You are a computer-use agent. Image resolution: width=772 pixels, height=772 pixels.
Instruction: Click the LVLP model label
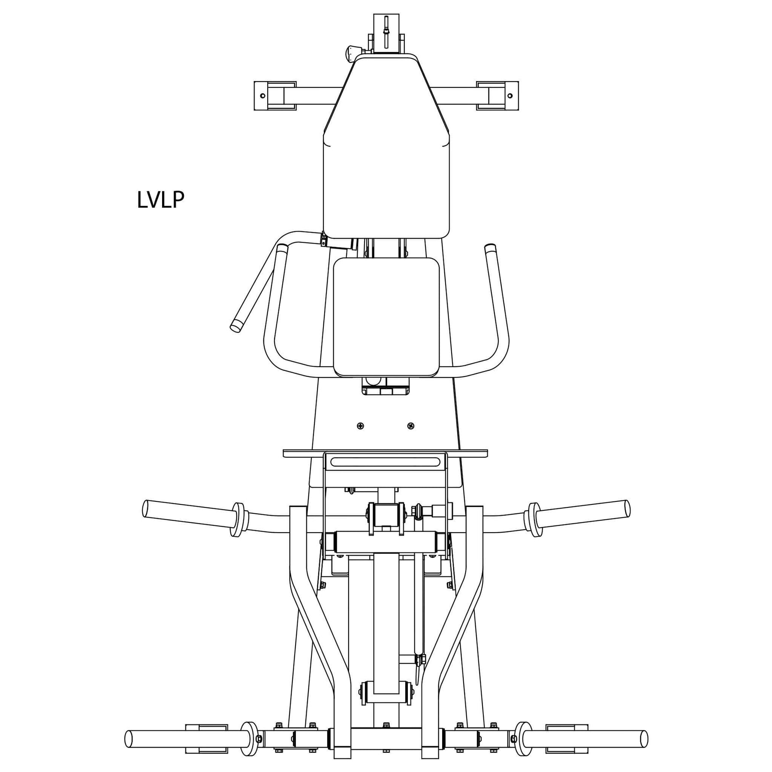[161, 200]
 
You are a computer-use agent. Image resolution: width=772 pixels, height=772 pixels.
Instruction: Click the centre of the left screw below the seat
[360, 426]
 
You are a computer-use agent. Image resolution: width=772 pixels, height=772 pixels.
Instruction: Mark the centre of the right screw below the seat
[411, 426]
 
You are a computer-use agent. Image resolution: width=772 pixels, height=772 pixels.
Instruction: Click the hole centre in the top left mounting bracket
[263, 96]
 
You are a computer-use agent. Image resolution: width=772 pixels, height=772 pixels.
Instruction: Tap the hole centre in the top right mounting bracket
[510, 96]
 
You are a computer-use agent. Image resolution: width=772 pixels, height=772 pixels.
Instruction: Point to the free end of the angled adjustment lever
[235, 327]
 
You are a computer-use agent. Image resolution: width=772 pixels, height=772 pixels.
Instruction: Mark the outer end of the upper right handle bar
[627, 508]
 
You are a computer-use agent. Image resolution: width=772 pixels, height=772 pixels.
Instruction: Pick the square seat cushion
[386, 317]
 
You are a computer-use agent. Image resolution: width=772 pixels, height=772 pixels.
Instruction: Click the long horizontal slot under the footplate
[386, 462]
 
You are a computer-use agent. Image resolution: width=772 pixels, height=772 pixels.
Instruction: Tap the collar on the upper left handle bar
[237, 519]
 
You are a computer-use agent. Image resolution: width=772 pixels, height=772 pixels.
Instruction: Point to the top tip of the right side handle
[489, 247]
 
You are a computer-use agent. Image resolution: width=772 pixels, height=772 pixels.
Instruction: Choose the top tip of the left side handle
[283, 248]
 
